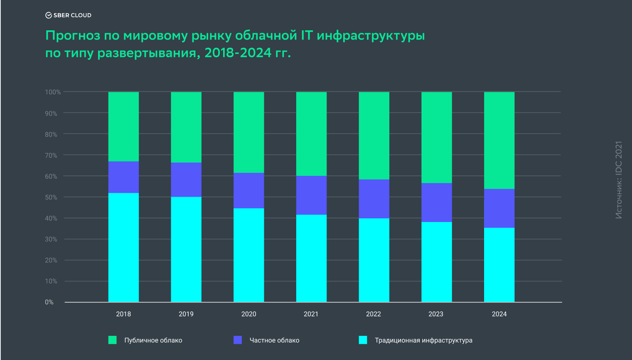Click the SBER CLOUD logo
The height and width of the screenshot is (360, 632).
pyautogui.click(x=69, y=15)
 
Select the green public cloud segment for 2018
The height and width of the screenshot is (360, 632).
pyautogui.click(x=123, y=126)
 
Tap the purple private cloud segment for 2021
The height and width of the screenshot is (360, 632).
pyautogui.click(x=311, y=195)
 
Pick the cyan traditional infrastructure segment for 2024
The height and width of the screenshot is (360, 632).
pyautogui.click(x=499, y=265)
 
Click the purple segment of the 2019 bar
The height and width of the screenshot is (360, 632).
pyautogui.click(x=186, y=180)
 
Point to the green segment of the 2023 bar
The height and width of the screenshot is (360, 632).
pyautogui.click(x=436, y=137)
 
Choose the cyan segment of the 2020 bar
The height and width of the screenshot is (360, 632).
pyautogui.click(x=248, y=255)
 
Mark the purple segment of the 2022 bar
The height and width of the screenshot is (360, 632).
pyautogui.click(x=374, y=199)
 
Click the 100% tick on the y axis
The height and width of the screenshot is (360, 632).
pyautogui.click(x=53, y=92)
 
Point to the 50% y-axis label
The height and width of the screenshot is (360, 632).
pyautogui.click(x=51, y=197)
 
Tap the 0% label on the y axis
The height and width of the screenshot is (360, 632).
pyautogui.click(x=49, y=302)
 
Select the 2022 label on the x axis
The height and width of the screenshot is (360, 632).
pyautogui.click(x=373, y=314)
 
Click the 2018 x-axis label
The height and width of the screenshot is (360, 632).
pyautogui.click(x=123, y=314)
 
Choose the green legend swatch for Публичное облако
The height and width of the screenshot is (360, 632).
pyautogui.click(x=113, y=340)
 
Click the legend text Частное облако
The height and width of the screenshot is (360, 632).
pyautogui.click(x=274, y=340)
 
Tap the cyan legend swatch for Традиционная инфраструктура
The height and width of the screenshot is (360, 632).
pyautogui.click(x=363, y=340)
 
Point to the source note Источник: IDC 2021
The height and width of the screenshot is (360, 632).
pyautogui.click(x=619, y=180)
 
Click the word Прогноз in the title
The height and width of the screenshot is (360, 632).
pyautogui.click(x=73, y=36)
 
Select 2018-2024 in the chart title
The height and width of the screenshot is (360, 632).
pyautogui.click(x=238, y=53)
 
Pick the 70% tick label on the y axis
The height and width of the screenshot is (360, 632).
pyautogui.click(x=51, y=155)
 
